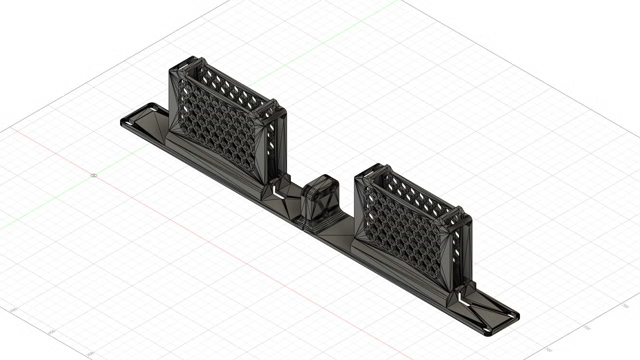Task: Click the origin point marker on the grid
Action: pos(93,175)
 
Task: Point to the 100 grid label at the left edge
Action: pos(13,310)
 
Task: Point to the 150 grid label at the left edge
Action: pos(51,331)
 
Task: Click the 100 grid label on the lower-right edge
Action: pos(549,349)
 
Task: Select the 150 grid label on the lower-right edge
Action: pos(587,327)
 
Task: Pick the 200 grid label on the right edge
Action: pos(624,305)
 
